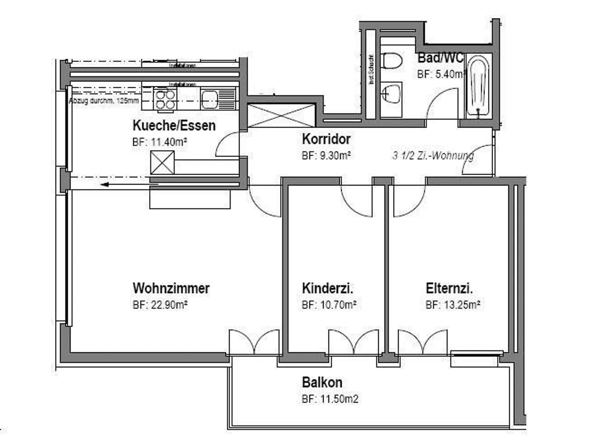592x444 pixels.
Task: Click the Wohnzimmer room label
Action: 171,288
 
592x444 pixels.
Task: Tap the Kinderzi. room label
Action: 327,288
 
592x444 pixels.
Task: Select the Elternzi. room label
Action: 449,288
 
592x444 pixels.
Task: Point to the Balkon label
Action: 322,382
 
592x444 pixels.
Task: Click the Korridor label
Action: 326,139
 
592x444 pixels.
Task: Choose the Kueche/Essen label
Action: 174,125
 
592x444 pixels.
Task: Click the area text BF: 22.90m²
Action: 160,305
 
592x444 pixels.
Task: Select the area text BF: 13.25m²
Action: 453,305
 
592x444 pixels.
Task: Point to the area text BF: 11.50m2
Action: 330,399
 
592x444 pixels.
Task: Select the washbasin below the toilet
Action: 391,93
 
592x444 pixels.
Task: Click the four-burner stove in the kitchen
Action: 165,99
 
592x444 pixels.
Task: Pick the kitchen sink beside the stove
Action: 210,99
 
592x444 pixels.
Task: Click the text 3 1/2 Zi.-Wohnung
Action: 433,156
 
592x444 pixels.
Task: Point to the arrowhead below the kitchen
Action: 105,184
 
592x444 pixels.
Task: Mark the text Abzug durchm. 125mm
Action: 104,101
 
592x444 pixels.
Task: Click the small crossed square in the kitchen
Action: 162,163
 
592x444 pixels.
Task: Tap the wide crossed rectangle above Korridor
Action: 282,115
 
